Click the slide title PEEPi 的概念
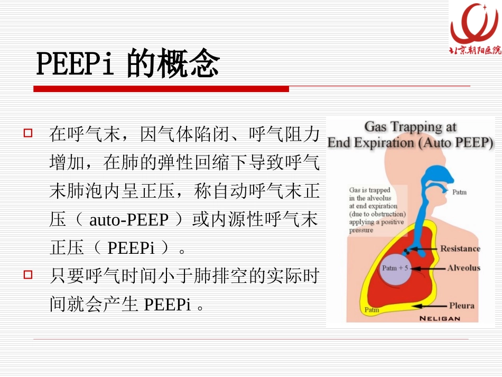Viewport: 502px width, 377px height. (x=127, y=65)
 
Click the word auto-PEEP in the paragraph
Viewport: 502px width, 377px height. (x=128, y=219)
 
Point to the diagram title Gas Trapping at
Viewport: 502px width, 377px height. (x=411, y=127)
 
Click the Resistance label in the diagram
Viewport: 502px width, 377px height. (x=460, y=249)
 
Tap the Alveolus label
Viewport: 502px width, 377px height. (x=463, y=268)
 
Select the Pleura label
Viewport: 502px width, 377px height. (x=461, y=305)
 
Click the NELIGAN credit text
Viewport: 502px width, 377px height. (x=440, y=318)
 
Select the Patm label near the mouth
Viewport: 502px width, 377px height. (x=459, y=192)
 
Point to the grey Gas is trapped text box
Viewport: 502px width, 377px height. (x=377, y=209)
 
